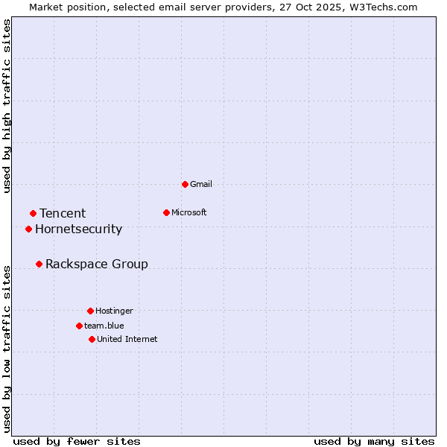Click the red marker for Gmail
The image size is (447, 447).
185,184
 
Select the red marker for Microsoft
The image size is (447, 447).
166,212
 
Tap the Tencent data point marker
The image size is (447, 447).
33,214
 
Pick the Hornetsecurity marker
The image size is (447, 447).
28,229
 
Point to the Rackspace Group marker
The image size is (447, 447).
39,264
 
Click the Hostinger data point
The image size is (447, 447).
90,311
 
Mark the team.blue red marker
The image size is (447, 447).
79,326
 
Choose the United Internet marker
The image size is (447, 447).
92,339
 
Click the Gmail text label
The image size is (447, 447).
201,184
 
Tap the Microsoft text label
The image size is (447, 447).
189,212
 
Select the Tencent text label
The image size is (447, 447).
63,214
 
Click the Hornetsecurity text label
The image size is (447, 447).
78,229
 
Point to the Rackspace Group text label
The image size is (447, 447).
97,264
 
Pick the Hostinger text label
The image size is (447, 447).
114,311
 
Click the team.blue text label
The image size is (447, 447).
104,326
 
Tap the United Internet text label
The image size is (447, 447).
127,339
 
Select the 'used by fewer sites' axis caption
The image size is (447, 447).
77,441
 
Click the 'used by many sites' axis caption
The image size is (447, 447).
374,441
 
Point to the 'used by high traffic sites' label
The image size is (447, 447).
7,106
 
